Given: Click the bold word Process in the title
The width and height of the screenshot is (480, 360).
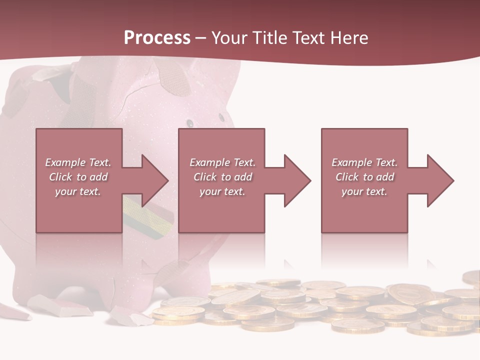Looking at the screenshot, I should [157, 38].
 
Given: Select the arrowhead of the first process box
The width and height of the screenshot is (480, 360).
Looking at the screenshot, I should [150, 180].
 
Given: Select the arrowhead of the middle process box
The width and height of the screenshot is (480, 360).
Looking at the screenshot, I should [293, 180].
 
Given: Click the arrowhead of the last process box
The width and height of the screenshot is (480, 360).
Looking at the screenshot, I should [436, 180].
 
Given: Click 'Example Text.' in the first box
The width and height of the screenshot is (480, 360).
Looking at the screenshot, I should [78, 162].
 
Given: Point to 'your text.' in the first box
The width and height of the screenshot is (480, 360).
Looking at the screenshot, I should [78, 191].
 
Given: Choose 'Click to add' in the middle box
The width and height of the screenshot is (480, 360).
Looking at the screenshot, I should [222, 177].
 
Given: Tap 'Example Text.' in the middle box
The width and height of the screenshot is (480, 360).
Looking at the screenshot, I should [222, 162].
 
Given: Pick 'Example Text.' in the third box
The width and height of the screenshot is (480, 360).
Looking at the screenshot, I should [364, 162].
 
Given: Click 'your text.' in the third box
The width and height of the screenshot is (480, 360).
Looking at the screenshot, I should [364, 191].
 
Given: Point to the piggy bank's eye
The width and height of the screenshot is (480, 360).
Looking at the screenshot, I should [189, 121].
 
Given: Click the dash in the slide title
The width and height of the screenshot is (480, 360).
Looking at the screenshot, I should [201, 38].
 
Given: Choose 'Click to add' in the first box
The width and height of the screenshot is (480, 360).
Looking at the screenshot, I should [78, 177].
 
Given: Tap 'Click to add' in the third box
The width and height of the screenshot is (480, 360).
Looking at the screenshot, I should [364, 177].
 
